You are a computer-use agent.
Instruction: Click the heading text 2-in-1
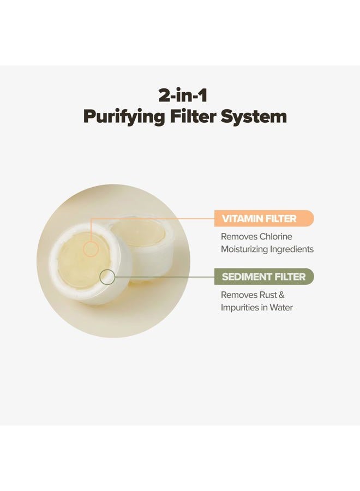[183, 95]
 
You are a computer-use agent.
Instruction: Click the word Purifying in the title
[124, 117]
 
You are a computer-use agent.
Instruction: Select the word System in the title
[254, 117]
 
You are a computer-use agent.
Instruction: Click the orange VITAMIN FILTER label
[264, 218]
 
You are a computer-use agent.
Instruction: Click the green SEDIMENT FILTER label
[264, 277]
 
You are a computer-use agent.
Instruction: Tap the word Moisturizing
[244, 249]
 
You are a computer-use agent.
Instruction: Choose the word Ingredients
[292, 249]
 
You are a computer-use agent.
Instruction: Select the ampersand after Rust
[281, 295]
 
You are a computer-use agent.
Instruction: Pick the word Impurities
[240, 308]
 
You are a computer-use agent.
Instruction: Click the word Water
[281, 308]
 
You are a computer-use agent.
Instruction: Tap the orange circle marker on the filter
[91, 249]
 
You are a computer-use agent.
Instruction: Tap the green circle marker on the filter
[107, 277]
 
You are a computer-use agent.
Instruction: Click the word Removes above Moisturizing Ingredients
[239, 236]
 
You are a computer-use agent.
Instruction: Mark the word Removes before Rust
[239, 295]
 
